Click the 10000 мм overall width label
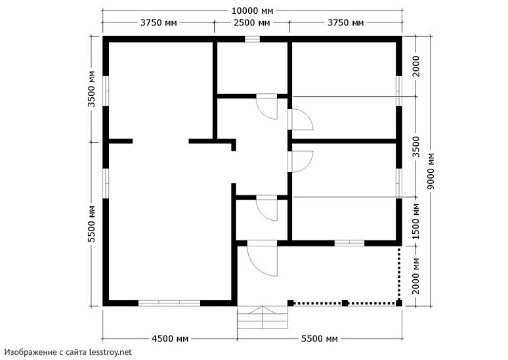point(253,11)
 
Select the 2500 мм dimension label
point(252,23)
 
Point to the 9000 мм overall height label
point(431,171)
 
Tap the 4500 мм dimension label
point(170,338)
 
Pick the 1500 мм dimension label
point(416,221)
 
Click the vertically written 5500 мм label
point(92,224)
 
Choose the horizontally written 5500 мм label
point(320,338)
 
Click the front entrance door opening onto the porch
point(262,258)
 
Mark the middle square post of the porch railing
point(345,304)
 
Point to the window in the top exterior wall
point(252,39)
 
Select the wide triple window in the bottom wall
point(169,303)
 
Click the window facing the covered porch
point(349,243)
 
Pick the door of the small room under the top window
point(267,107)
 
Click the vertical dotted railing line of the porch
point(399,274)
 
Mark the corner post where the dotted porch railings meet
point(399,304)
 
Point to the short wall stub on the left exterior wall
point(121,141)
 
